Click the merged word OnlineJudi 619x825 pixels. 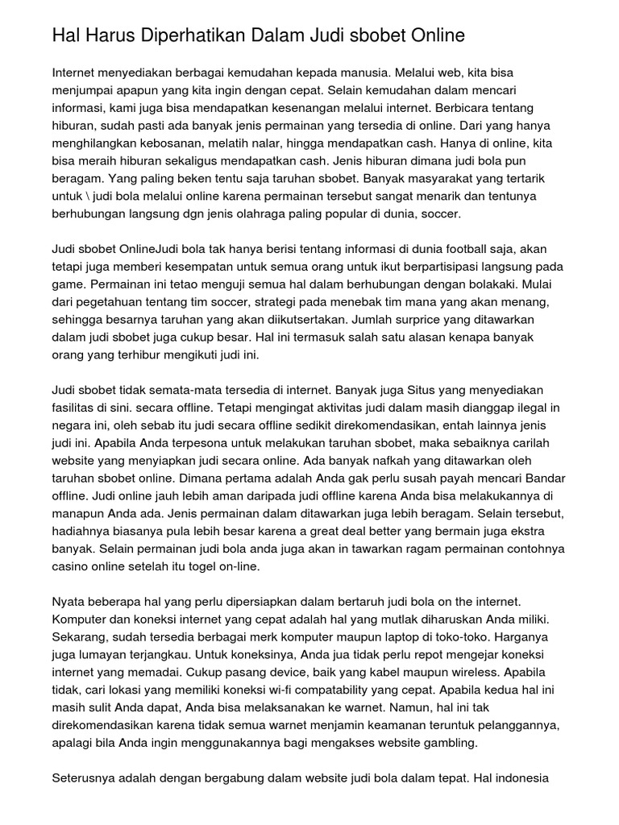[152, 249]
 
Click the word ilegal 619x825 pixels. [520, 408]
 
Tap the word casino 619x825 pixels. [69, 568]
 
